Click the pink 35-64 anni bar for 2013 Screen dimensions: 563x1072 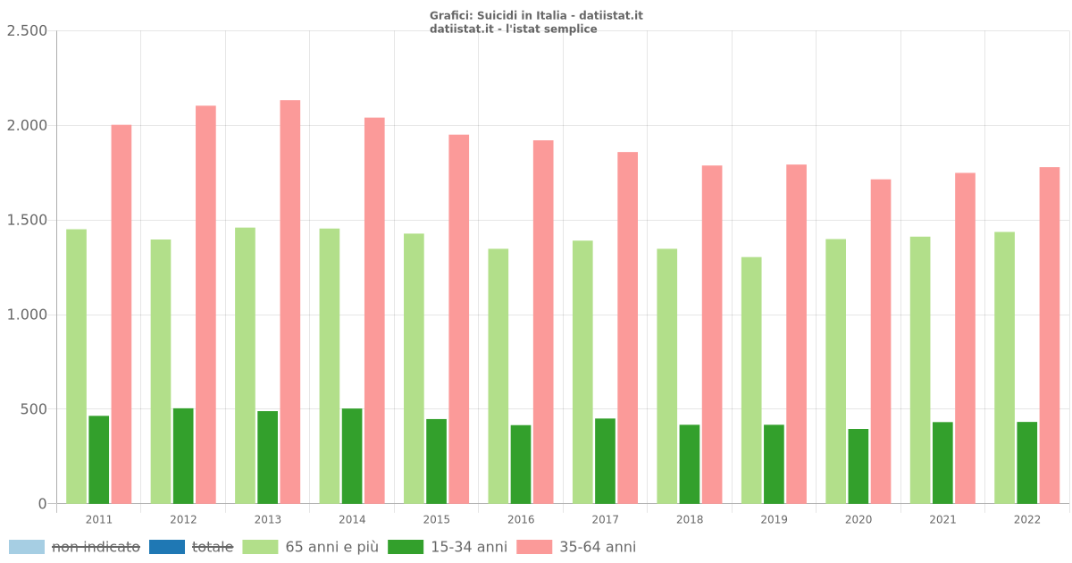pyautogui.click(x=290, y=302)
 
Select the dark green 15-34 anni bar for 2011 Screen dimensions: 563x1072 pyautogui.click(x=99, y=459)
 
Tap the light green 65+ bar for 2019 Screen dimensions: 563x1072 pyautogui.click(x=751, y=381)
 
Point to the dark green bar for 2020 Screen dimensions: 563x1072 pyautogui.click(x=858, y=466)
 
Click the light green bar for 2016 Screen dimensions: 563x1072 pyautogui.click(x=498, y=376)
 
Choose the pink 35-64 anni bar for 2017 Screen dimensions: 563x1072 pyautogui.click(x=628, y=328)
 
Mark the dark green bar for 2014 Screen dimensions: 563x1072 pyautogui.click(x=352, y=456)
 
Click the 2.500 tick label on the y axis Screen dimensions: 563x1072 pyautogui.click(x=27, y=31)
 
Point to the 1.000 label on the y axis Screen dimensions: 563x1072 pyautogui.click(x=27, y=315)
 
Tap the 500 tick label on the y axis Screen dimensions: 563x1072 pyautogui.click(x=33, y=409)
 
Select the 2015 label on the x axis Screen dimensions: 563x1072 pyautogui.click(x=437, y=520)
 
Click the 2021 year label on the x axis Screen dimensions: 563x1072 pyautogui.click(x=942, y=520)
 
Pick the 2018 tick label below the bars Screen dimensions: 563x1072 pyautogui.click(x=690, y=520)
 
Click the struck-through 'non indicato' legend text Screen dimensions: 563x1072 pyautogui.click(x=96, y=547)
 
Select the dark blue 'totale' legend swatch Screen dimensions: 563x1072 pyautogui.click(x=167, y=547)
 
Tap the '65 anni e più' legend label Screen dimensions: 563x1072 pyautogui.click(x=331, y=547)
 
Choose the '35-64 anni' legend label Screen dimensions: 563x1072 pyautogui.click(x=598, y=547)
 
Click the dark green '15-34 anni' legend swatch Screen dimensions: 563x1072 pyautogui.click(x=406, y=547)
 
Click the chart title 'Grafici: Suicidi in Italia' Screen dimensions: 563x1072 pyautogui.click(x=536, y=16)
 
